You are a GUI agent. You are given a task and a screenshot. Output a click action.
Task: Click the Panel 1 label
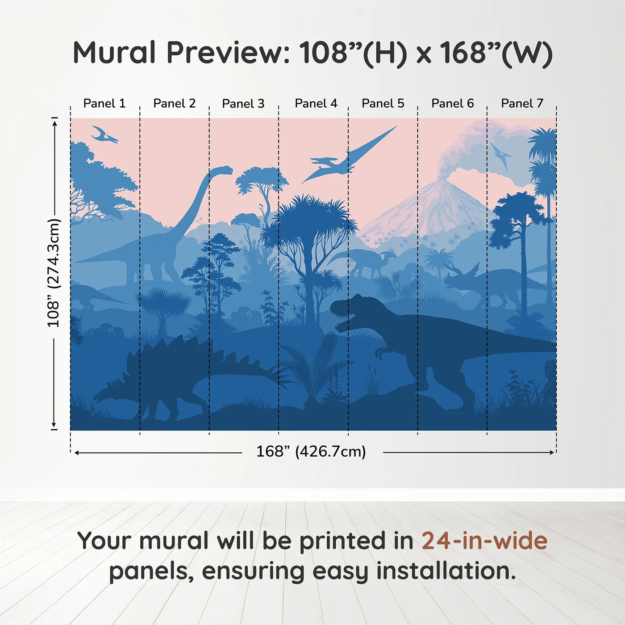[104, 104]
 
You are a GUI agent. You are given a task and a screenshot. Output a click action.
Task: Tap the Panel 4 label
[316, 104]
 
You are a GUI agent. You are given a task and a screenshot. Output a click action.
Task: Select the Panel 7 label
[522, 104]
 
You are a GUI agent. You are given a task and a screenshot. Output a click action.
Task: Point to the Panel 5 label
[383, 104]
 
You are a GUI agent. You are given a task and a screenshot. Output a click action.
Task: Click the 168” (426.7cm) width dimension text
[311, 451]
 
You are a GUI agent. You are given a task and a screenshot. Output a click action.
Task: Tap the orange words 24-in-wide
[484, 541]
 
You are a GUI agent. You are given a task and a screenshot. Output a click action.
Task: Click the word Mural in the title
[114, 52]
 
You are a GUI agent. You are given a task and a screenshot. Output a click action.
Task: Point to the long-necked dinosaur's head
[225, 170]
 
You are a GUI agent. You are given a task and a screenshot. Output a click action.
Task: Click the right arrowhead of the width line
[552, 452]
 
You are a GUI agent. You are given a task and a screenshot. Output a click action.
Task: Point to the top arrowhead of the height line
[55, 124]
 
